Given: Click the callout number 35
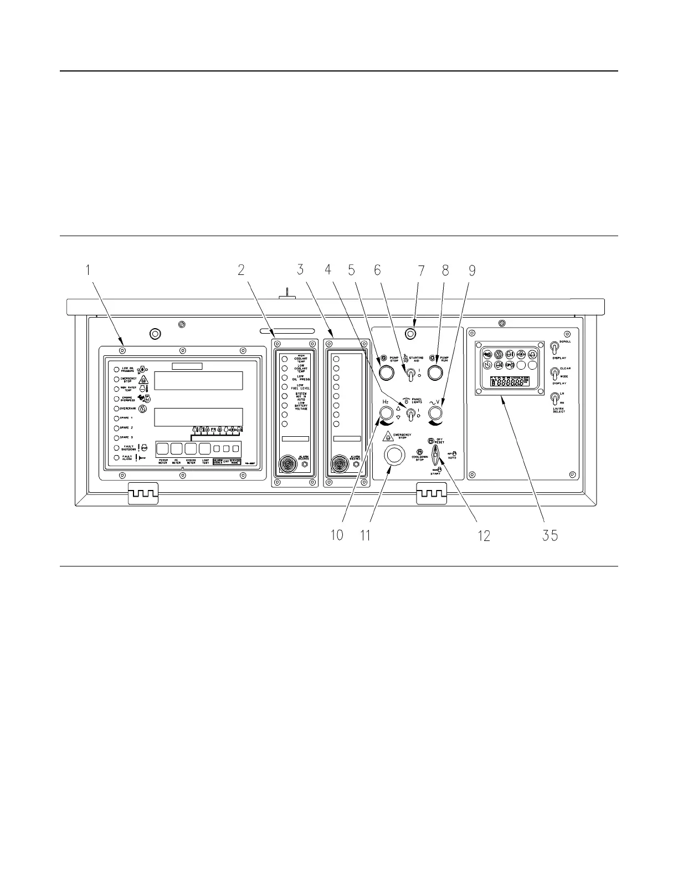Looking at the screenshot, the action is (x=550, y=535).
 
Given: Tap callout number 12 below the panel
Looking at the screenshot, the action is (x=484, y=535).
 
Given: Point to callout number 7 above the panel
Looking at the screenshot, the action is (x=420, y=270).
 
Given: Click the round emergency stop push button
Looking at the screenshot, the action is (x=394, y=455).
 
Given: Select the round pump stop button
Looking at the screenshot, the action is (x=386, y=372).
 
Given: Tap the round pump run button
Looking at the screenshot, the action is (x=436, y=372).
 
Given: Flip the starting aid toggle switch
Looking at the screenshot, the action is (x=410, y=375).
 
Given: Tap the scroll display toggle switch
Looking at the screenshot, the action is (x=553, y=348).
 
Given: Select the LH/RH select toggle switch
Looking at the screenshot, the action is (x=553, y=399).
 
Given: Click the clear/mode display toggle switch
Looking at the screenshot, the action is (x=553, y=374).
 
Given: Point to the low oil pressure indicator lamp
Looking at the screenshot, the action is (x=116, y=370).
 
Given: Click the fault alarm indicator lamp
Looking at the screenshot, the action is (x=116, y=458).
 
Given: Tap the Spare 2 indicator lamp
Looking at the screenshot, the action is (x=116, y=428).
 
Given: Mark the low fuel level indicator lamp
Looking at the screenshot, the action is (x=285, y=386).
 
